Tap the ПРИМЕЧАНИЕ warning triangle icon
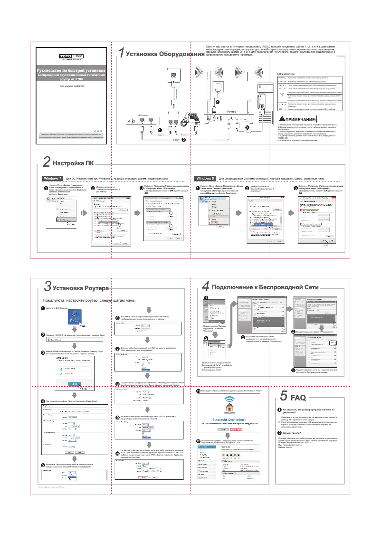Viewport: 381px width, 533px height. [x=282, y=118]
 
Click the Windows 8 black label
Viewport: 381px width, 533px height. [x=205, y=178]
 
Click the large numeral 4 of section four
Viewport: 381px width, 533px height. [x=205, y=287]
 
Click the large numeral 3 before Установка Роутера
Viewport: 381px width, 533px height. [x=48, y=287]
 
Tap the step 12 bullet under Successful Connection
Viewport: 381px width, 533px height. [x=199, y=441]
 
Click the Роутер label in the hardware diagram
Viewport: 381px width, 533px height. [x=232, y=111]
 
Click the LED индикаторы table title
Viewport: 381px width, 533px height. [x=286, y=74]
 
